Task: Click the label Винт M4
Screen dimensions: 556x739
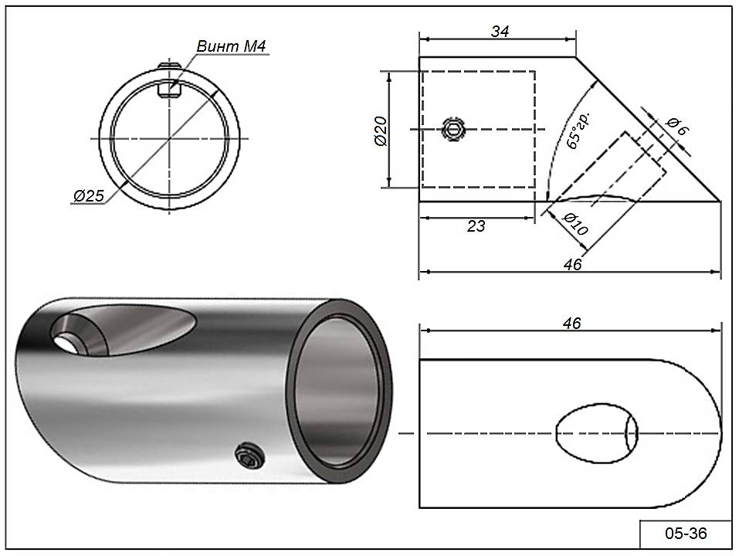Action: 232,47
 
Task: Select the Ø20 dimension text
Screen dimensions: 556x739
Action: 379,131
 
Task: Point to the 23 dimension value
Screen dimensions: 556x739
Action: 476,226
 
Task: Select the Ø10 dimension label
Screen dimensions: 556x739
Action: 576,225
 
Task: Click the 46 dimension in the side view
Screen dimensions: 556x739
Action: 572,264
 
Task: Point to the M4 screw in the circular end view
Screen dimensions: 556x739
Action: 168,87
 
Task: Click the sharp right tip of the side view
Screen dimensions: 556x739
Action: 720,202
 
